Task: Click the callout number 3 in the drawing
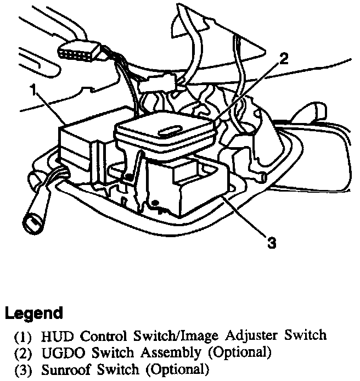tap(271, 242)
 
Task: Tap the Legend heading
tap(33, 314)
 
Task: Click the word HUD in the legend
tap(53, 334)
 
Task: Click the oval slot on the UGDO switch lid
tap(168, 131)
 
